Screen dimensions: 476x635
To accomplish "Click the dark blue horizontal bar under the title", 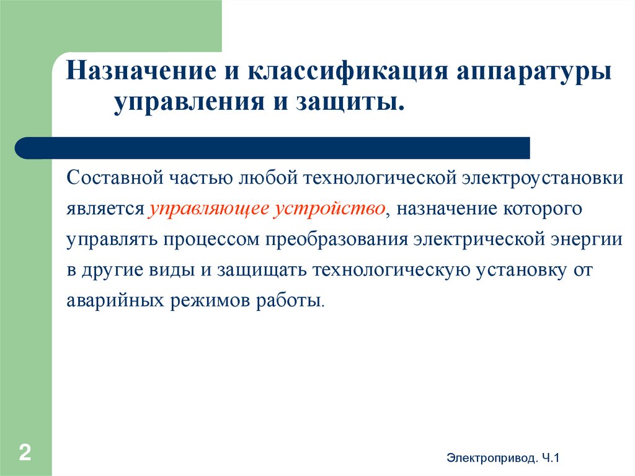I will pyautogui.click(x=273, y=148).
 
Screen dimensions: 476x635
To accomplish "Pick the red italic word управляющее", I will pyautogui.click(x=208, y=209).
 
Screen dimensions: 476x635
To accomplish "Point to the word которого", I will pyautogui.click(x=544, y=209).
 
